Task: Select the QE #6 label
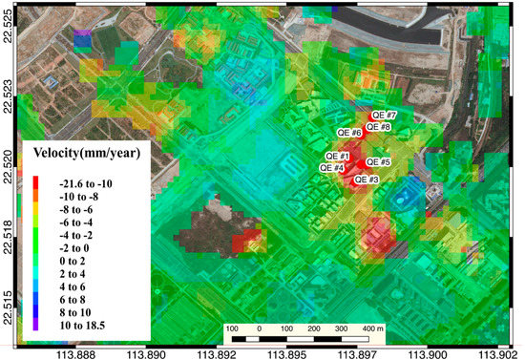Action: click(349, 133)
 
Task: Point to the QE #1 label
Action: click(337, 157)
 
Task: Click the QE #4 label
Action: click(331, 167)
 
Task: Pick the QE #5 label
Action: click(379, 162)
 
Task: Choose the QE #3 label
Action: click(367, 179)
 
